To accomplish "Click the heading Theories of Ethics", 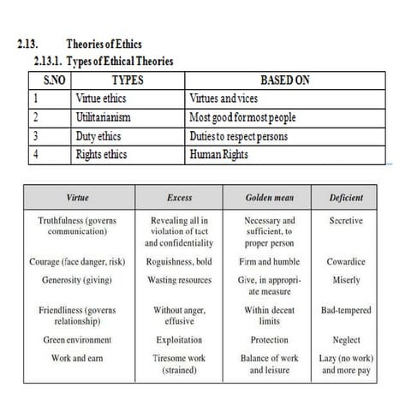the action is click(104, 45).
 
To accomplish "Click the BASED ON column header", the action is click(285, 80).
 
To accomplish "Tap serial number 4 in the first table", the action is click(37, 156).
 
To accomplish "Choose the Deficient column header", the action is click(346, 198).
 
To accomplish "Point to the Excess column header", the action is click(180, 198).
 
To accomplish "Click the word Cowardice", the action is click(346, 262).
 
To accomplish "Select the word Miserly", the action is click(346, 280).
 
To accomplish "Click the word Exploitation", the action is click(180, 340).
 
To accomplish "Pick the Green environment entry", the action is click(76, 340).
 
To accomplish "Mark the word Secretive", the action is click(346, 220).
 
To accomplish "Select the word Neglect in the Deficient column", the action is click(346, 340).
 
